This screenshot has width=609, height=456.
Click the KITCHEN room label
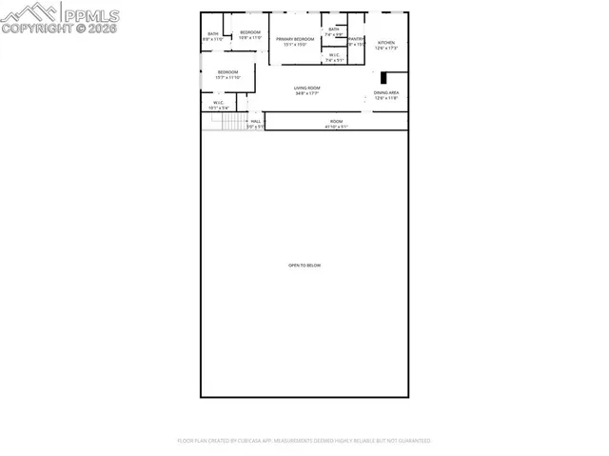386,43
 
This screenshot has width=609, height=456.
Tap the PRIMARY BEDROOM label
295,39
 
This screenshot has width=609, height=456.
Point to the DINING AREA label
386,92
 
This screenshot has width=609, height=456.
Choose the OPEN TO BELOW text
304,265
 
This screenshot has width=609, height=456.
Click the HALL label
255,121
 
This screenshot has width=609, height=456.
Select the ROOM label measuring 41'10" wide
336,121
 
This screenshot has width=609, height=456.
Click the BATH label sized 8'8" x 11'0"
213,34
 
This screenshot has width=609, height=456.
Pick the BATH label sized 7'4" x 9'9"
334,30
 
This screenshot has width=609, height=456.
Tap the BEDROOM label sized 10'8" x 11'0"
250,33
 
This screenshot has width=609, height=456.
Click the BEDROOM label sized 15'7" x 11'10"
227,72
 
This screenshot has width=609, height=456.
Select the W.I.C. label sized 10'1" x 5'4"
218,103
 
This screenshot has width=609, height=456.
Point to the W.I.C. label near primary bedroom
334,55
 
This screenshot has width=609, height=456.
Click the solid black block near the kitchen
382,79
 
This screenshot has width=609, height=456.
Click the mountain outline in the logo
28,12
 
